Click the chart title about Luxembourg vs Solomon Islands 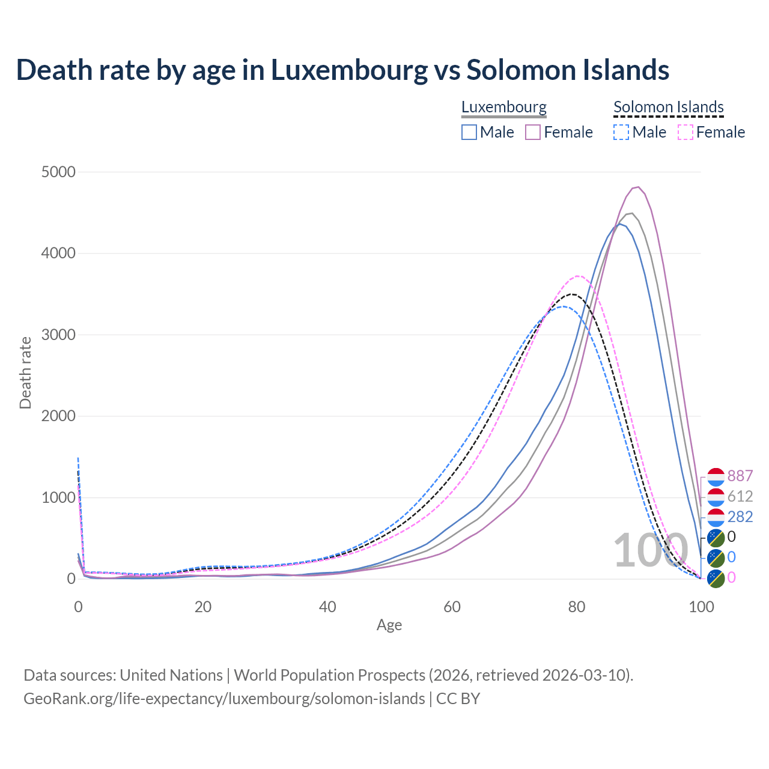click(342, 70)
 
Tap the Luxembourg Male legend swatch click(469, 132)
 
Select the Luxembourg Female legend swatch click(533, 132)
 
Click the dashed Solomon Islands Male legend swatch click(621, 132)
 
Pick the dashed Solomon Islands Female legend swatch click(685, 132)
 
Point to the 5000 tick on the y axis click(59, 172)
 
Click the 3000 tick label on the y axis click(59, 335)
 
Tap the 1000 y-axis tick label click(59, 497)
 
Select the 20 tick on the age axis click(203, 607)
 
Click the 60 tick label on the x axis click(452, 607)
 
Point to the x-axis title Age click(389, 625)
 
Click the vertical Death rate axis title click(25, 372)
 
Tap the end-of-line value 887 click(740, 476)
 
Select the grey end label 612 click(740, 496)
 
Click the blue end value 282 click(740, 517)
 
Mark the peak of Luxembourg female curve click(637, 187)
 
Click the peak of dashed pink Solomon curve click(577, 276)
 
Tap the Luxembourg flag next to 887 click(716, 476)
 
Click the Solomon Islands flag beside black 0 click(716, 538)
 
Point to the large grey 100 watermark click(651, 550)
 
